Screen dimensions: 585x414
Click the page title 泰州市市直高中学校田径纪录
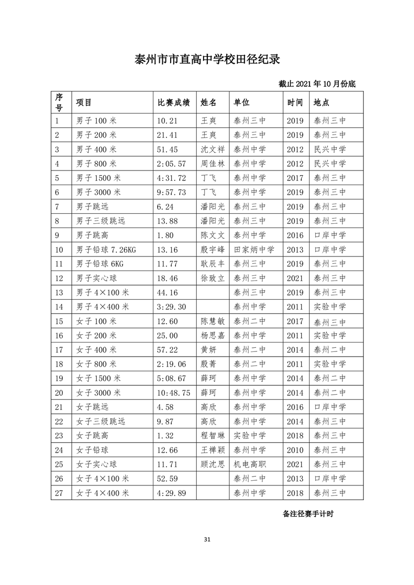tap(207, 58)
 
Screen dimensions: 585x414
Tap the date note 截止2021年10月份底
tap(317, 83)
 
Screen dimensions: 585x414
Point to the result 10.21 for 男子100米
tap(168, 120)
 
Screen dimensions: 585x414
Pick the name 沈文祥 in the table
tap(212, 149)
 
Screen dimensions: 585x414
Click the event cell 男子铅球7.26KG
tap(106, 250)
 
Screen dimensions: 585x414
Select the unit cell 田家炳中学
tap(254, 250)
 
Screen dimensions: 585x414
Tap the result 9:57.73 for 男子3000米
tap(171, 192)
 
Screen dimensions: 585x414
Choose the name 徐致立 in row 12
tap(212, 278)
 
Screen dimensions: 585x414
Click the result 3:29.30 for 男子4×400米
tap(171, 307)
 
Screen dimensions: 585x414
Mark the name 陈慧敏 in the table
tap(212, 321)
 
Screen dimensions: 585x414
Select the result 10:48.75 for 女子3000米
tap(173, 393)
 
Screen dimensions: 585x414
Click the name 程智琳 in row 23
tap(212, 435)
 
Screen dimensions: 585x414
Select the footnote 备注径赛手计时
tap(308, 514)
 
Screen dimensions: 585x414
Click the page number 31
tap(207, 539)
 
